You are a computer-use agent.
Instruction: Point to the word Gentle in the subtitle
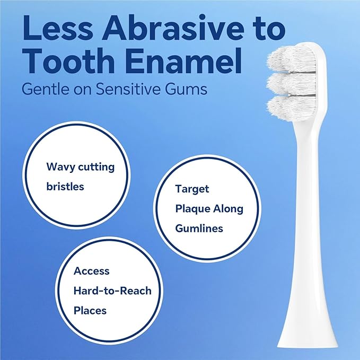[x=41, y=89]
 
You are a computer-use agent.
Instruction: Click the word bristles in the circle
[x=65, y=187]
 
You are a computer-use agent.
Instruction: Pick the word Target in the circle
[x=192, y=189]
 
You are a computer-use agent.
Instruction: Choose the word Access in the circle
[x=92, y=271]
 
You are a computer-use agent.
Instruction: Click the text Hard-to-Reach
[x=112, y=291]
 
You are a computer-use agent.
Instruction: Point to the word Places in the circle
[x=91, y=310]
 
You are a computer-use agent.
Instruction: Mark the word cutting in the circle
[x=96, y=166]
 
